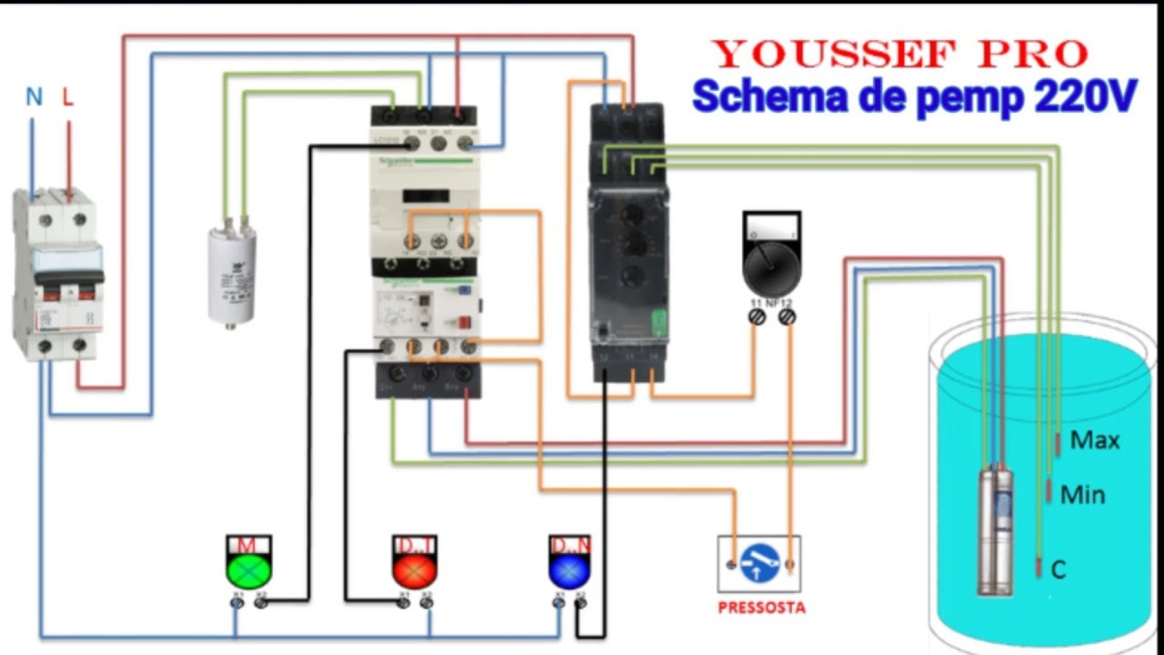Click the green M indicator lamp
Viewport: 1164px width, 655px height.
tap(248, 569)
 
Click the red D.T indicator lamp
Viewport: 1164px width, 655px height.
tap(415, 569)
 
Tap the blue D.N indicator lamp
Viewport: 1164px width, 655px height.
tap(569, 569)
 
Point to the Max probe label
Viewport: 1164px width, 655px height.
tap(1095, 440)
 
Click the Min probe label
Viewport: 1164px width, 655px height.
tap(1083, 495)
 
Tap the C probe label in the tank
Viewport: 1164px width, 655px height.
tap(1058, 570)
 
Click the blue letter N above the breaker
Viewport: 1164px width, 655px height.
tap(34, 97)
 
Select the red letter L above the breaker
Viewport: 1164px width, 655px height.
tap(67, 97)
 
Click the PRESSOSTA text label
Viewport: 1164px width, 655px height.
tap(761, 608)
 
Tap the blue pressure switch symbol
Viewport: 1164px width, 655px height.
tap(759, 564)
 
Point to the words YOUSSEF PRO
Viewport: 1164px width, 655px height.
tap(899, 55)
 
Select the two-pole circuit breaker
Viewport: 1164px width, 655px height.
tap(56, 273)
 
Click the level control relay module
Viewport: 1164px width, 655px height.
tap(628, 241)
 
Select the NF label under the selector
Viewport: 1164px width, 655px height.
tap(771, 301)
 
